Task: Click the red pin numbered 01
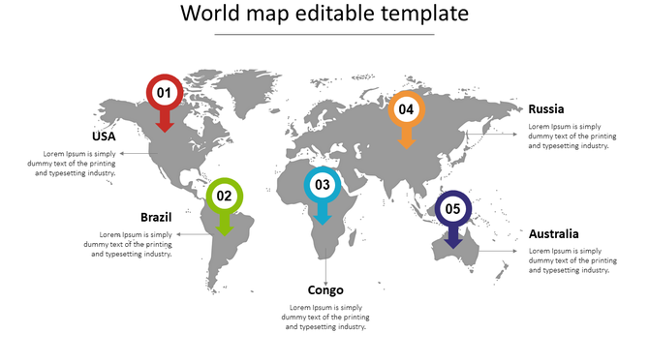click(x=164, y=94)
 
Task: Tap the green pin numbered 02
click(x=224, y=197)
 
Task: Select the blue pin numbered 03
click(x=323, y=185)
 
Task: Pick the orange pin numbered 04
click(x=406, y=110)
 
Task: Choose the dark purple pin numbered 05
click(x=452, y=209)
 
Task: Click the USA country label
click(x=104, y=136)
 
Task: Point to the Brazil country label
click(x=156, y=217)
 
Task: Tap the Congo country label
click(x=325, y=290)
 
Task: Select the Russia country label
click(x=546, y=109)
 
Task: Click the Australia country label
click(x=554, y=234)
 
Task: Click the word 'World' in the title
click(x=210, y=15)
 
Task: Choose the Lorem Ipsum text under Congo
click(x=325, y=318)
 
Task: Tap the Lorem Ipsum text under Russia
click(x=572, y=136)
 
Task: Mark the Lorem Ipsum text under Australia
click(x=572, y=261)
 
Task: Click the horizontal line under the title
click(x=324, y=35)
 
